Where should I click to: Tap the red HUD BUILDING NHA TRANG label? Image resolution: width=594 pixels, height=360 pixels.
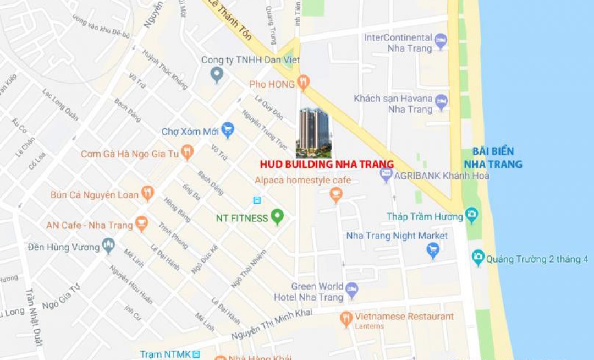click(327, 164)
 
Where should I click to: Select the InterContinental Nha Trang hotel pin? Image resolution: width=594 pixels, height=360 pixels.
click(441, 41)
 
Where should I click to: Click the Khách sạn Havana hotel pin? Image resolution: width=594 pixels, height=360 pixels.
click(441, 101)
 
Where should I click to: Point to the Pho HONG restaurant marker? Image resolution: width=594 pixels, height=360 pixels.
click(303, 83)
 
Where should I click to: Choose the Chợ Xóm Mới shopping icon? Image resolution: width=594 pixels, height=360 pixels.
click(228, 130)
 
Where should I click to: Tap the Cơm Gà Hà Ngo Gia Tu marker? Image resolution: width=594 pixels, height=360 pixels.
click(188, 152)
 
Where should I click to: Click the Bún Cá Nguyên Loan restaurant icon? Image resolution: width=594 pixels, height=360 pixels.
click(147, 193)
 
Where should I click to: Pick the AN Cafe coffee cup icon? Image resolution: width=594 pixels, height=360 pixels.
click(142, 223)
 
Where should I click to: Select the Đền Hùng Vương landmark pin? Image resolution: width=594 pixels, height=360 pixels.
click(109, 246)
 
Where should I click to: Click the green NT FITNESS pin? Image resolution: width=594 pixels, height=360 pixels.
click(277, 217)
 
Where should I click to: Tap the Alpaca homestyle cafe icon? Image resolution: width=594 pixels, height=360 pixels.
click(336, 194)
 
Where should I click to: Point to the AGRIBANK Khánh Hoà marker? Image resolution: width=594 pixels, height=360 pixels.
click(387, 175)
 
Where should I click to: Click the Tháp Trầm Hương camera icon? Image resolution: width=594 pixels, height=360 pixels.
click(471, 215)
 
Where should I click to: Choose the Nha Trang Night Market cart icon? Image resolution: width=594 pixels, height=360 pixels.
click(433, 250)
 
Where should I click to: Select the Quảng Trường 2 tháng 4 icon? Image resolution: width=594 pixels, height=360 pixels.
click(478, 257)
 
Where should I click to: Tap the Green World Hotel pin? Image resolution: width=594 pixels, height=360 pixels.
click(352, 290)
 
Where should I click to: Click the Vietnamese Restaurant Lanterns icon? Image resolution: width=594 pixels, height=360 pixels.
click(346, 318)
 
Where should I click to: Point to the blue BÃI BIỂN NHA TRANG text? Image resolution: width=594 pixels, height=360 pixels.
click(493, 158)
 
